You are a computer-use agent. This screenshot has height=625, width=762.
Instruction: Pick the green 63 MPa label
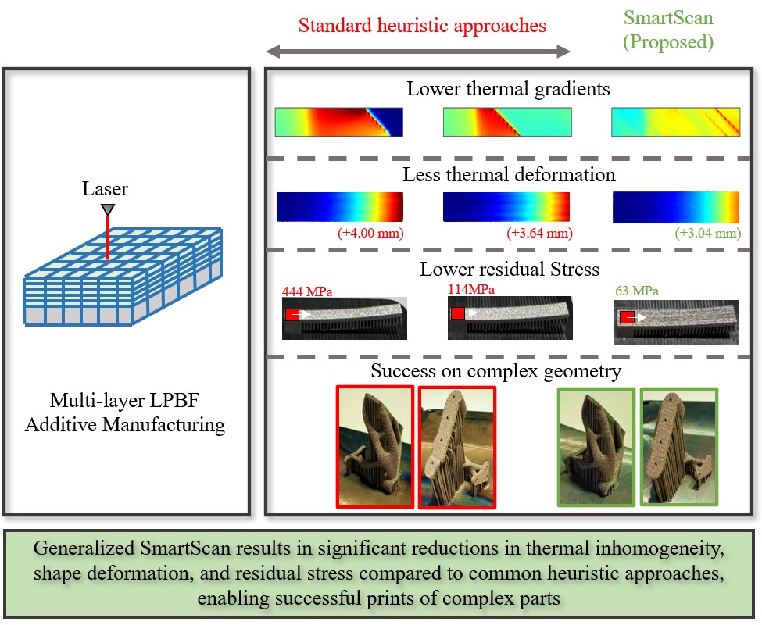pos(638,291)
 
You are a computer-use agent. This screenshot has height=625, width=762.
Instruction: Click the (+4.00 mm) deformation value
pos(370,234)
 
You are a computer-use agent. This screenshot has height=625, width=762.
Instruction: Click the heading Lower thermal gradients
pos(508,89)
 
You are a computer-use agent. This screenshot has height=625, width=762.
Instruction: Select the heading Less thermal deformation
pos(509,174)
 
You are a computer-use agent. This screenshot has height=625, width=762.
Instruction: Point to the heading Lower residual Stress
pos(509,270)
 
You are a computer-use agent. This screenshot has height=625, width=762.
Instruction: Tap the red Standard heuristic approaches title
pos(422,25)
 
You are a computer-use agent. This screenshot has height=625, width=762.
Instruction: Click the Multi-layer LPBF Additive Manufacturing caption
pos(127,415)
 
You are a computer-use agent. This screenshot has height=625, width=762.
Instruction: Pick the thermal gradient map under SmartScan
pos(675,122)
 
